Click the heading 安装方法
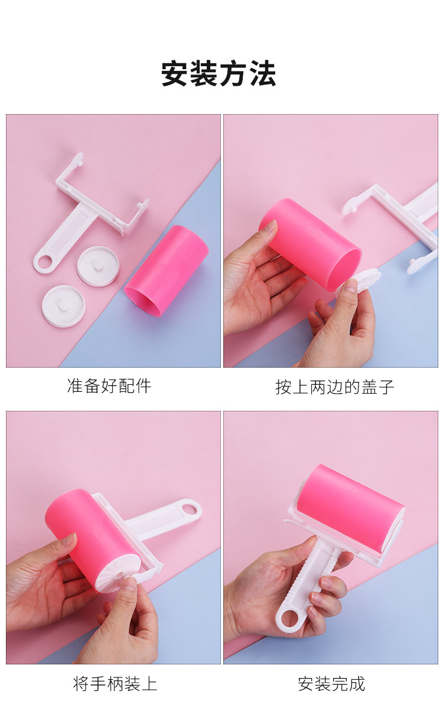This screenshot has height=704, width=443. [219, 74]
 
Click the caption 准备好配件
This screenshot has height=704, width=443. [109, 385]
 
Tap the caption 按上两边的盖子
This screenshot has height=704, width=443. [335, 387]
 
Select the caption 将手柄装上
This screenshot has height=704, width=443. [115, 683]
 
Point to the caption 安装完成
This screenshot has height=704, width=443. [331, 683]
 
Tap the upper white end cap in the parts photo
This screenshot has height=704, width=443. [98, 266]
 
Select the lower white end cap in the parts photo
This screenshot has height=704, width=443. [63, 306]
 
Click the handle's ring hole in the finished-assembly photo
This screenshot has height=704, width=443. [290, 618]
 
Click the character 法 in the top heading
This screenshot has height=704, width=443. [263, 74]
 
